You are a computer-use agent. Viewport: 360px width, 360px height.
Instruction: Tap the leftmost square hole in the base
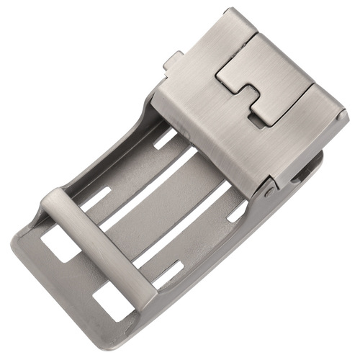point(60,243)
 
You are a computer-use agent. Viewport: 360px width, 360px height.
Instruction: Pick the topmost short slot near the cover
point(165,138)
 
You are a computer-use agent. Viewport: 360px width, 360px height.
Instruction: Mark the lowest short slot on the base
point(167,275)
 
